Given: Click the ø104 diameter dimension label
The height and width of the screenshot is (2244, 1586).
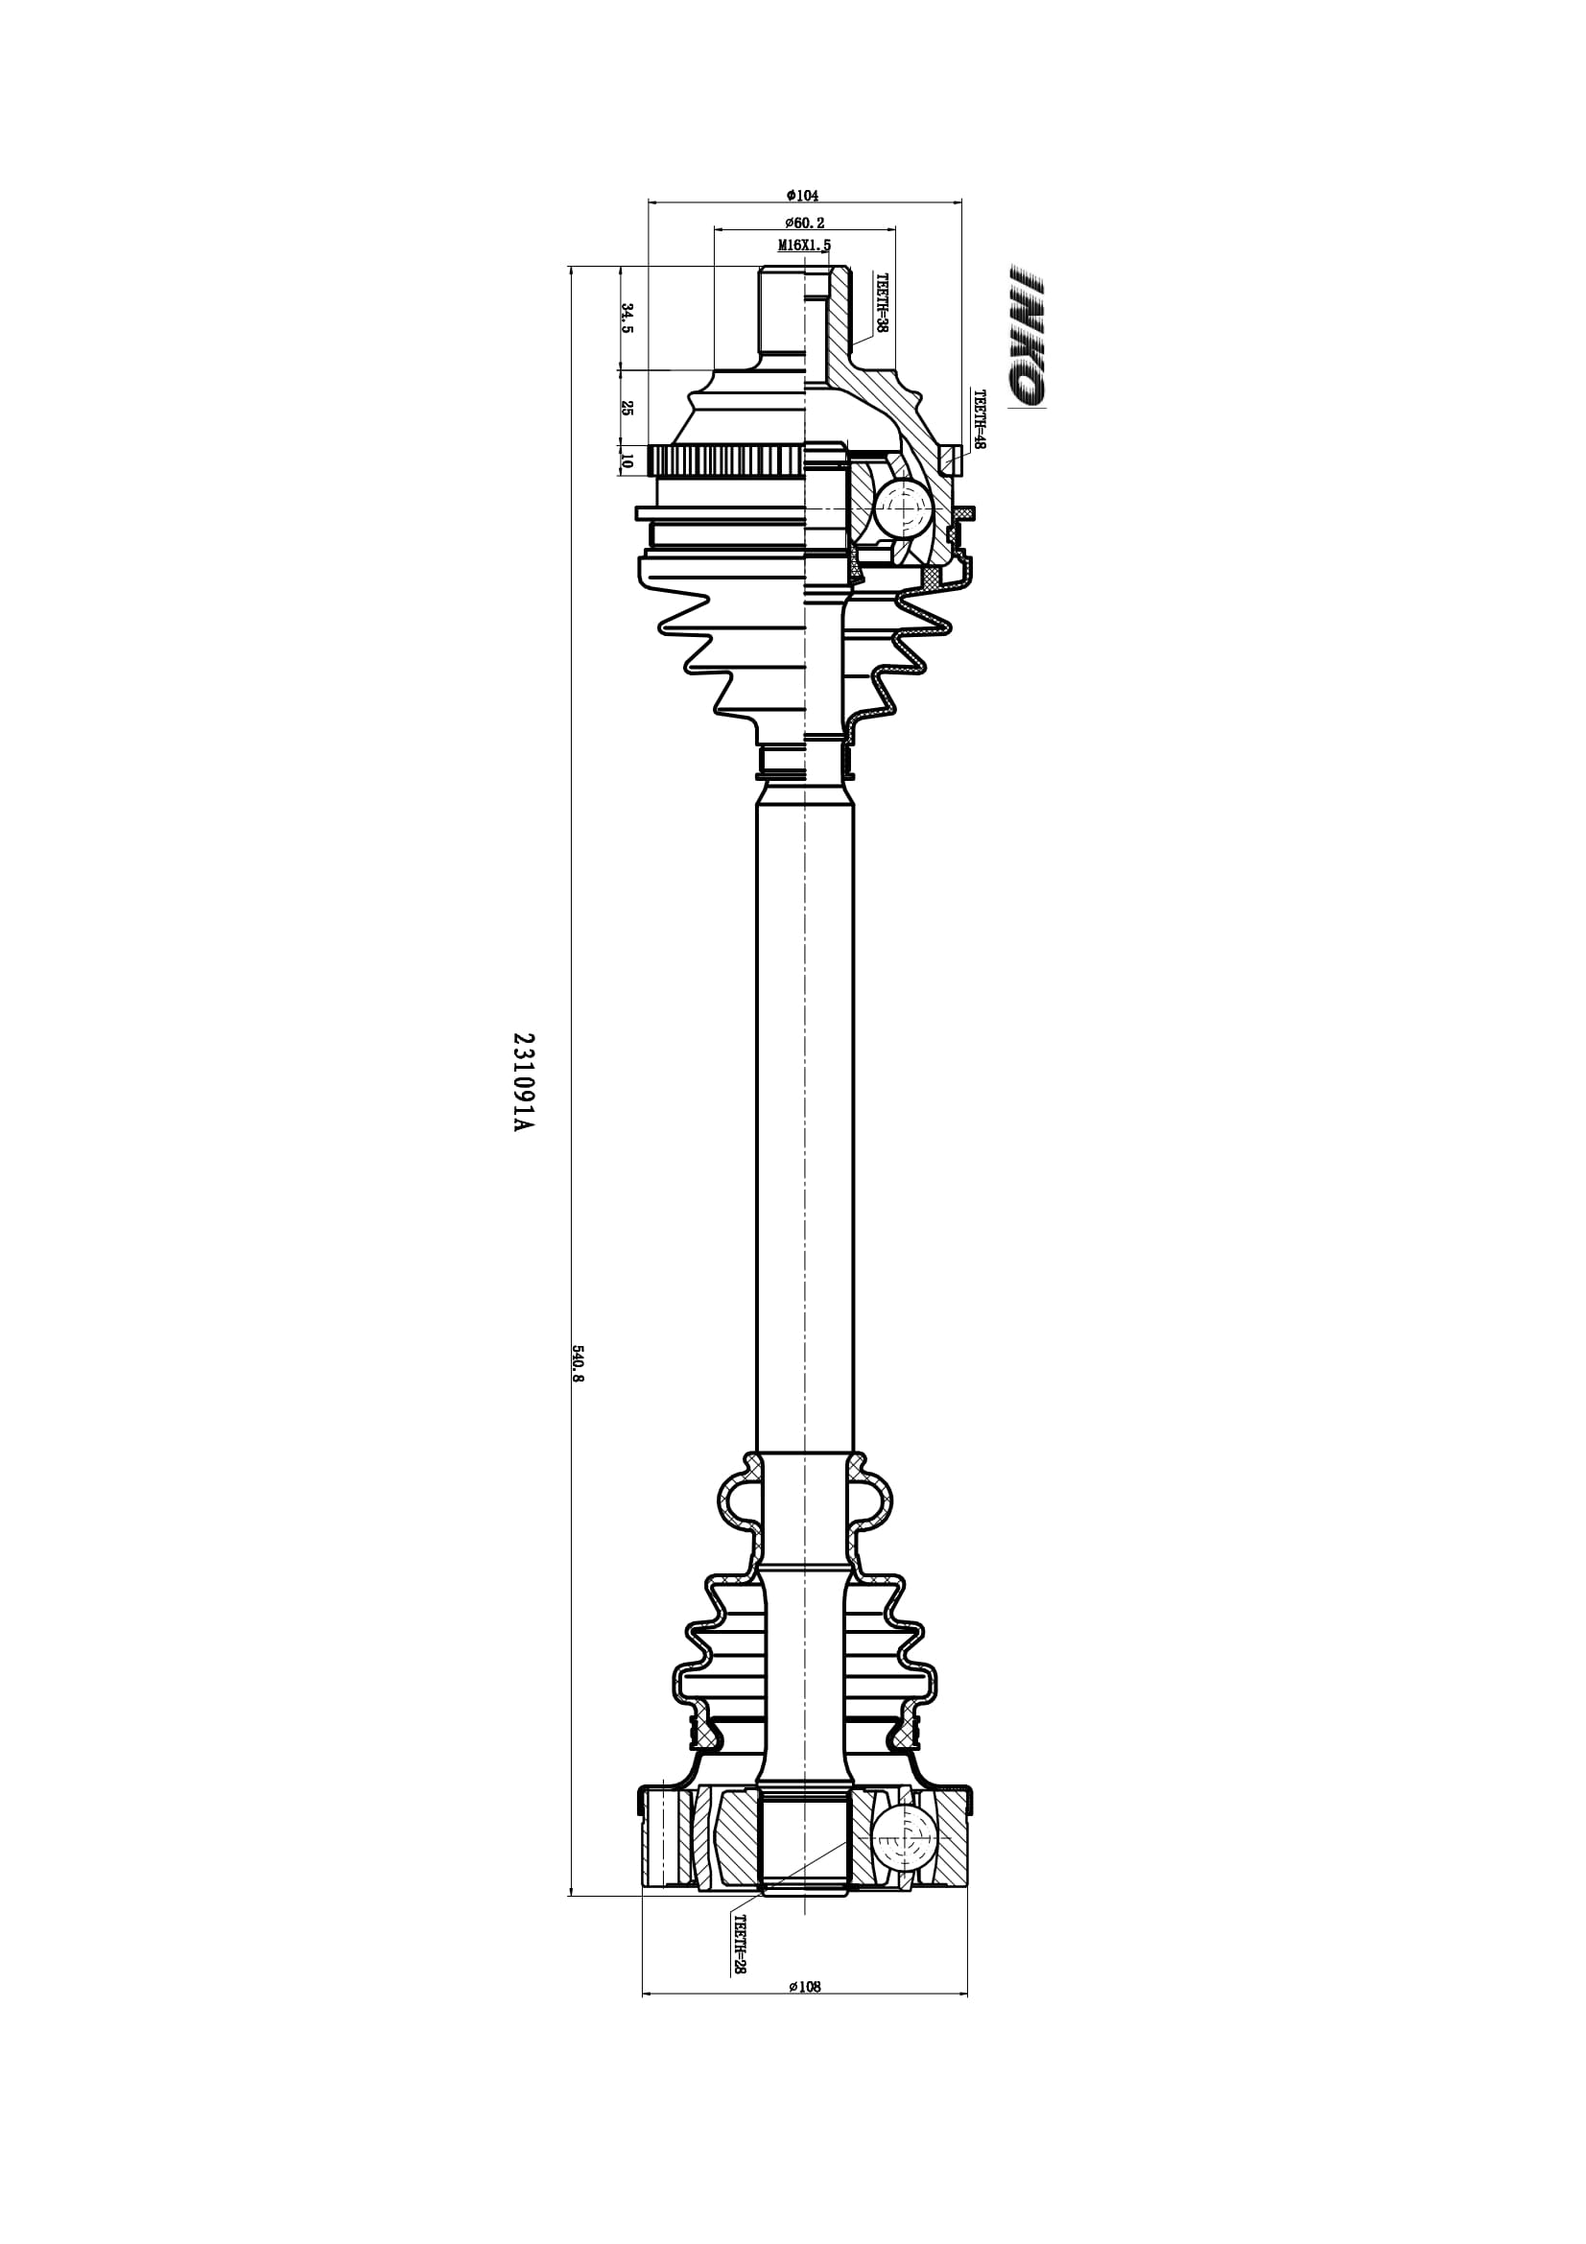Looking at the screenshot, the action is pos(803,196).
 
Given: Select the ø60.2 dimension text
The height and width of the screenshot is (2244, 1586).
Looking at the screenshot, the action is pos(804,223).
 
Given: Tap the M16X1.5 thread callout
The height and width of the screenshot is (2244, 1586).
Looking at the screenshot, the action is pos(804,246).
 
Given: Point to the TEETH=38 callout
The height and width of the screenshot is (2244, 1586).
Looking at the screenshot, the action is pos(881,303).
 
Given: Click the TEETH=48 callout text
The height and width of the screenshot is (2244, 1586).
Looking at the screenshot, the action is pos(980,419).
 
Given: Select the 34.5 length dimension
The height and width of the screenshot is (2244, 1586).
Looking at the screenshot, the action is pos(627,318).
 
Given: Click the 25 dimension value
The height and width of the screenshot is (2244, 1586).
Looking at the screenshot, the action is pos(627,408).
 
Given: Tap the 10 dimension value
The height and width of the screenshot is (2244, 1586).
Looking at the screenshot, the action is pos(627,461).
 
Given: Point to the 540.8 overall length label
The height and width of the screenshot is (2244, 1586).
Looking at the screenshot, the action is pos(578,1364).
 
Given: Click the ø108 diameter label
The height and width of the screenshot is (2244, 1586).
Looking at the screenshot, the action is pos(804,1986).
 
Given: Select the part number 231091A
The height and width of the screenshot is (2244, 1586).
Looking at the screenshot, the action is pos(524,1082).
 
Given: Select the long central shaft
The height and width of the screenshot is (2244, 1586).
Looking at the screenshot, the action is pos(805,1124).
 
